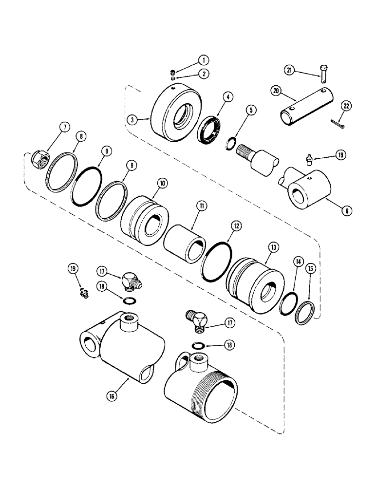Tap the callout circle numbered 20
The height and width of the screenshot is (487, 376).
(289, 91)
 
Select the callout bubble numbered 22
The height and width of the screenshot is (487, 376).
(346, 106)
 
